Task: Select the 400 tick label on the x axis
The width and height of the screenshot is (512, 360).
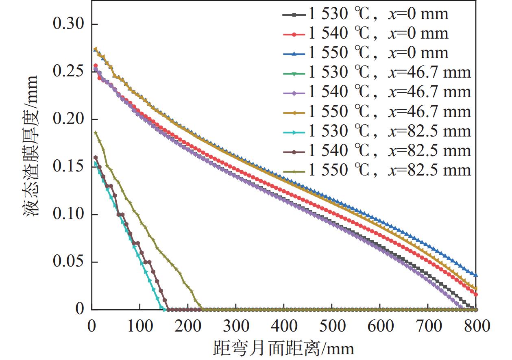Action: click(x=283, y=326)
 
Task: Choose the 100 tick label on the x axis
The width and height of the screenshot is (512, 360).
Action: click(x=139, y=326)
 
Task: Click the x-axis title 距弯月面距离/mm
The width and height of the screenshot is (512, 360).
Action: click(x=283, y=348)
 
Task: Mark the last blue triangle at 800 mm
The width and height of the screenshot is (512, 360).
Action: click(x=476, y=275)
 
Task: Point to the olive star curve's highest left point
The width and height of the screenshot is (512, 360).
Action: click(x=96, y=132)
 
